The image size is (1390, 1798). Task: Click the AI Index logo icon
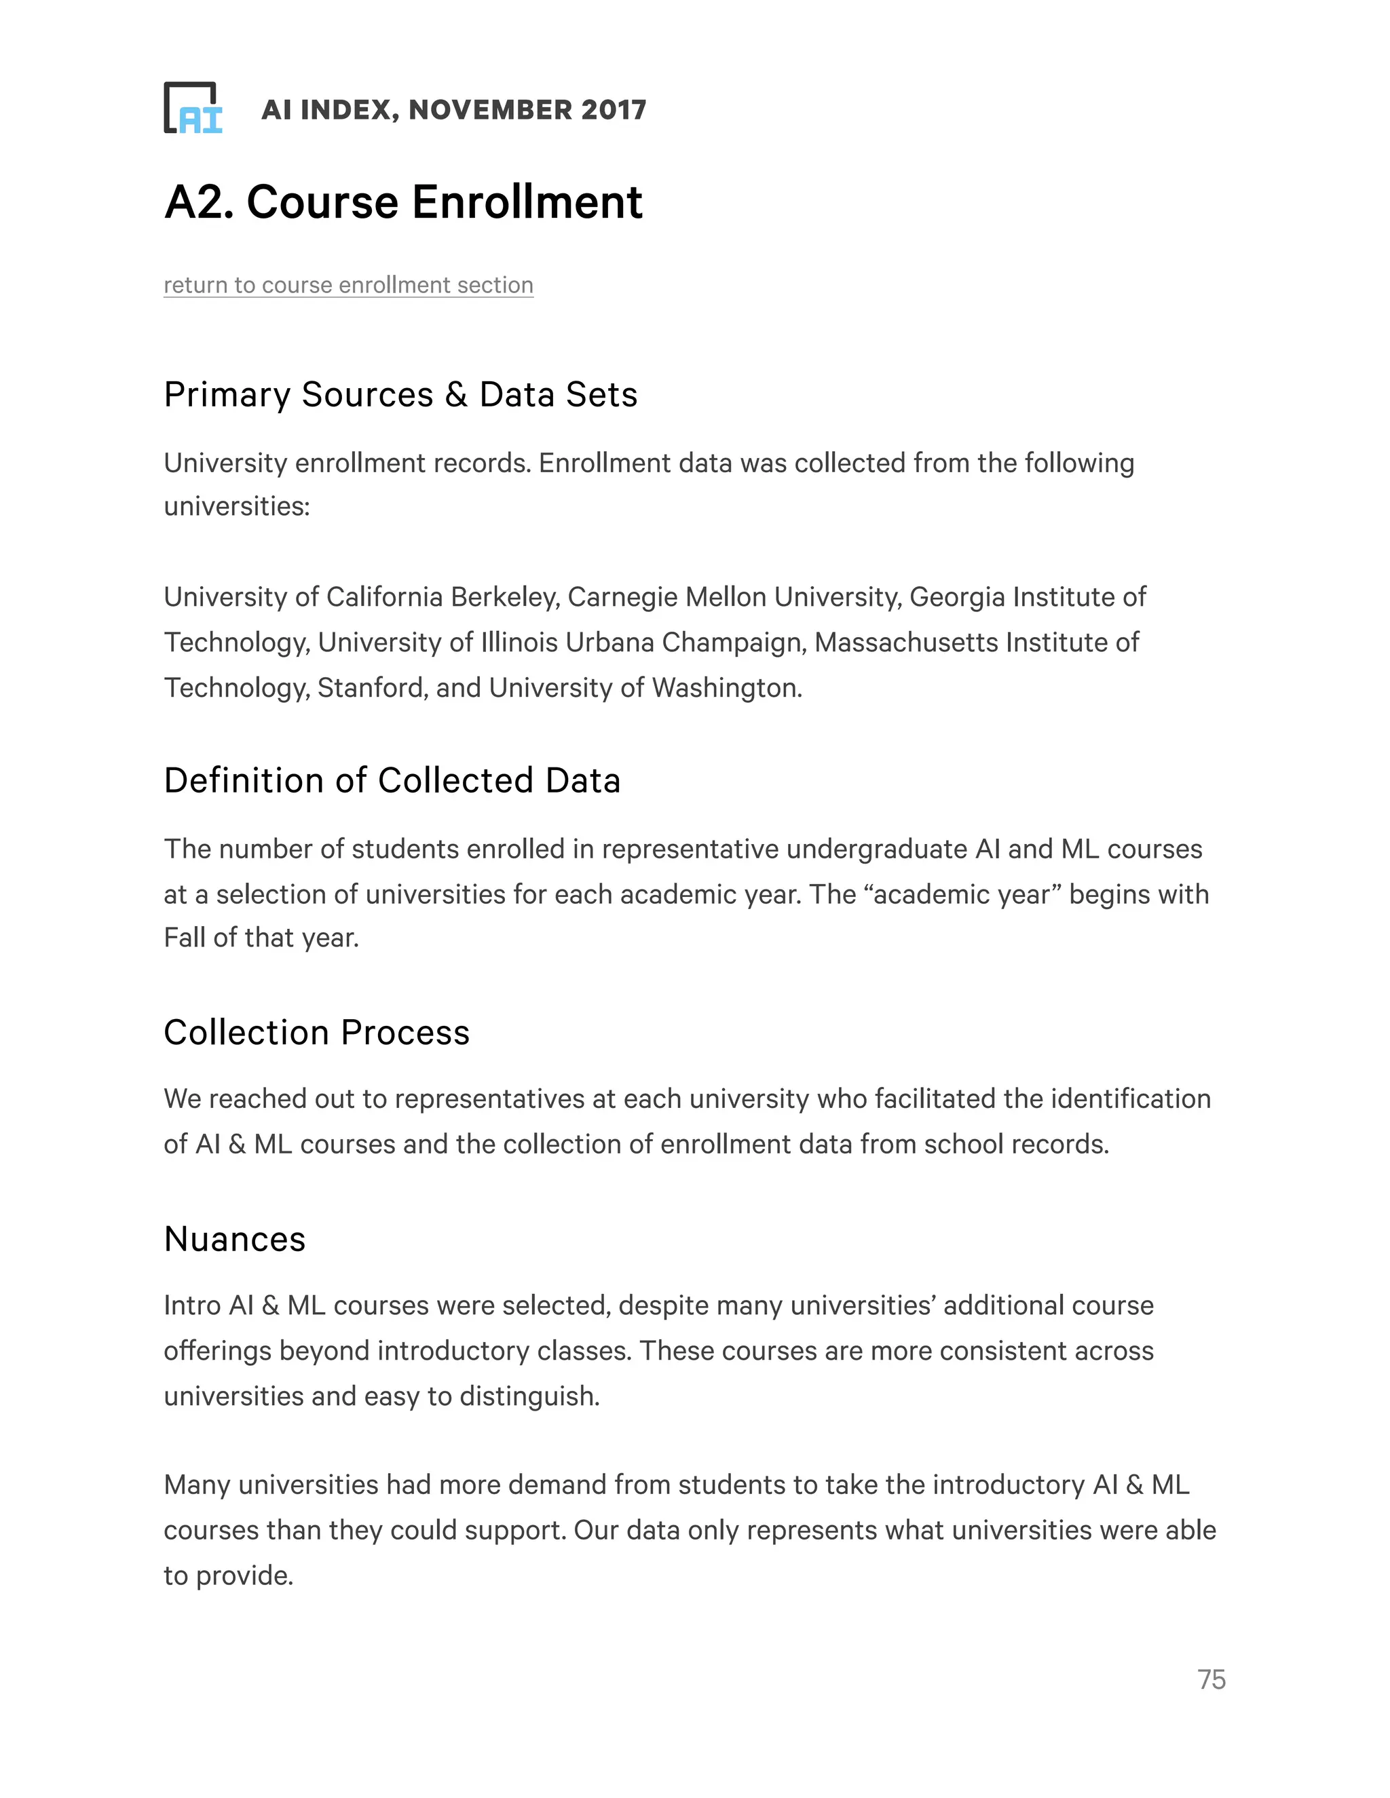193,108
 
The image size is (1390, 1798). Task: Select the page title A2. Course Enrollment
402,202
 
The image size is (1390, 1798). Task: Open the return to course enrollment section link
348,285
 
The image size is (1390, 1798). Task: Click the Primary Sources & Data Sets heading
400,394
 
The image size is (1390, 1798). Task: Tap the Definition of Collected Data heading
392,780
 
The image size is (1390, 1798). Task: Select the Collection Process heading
316,1033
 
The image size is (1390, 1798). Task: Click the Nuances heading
235,1239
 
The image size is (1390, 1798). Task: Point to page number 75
1211,1679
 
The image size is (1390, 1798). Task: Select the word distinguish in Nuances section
529,1396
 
